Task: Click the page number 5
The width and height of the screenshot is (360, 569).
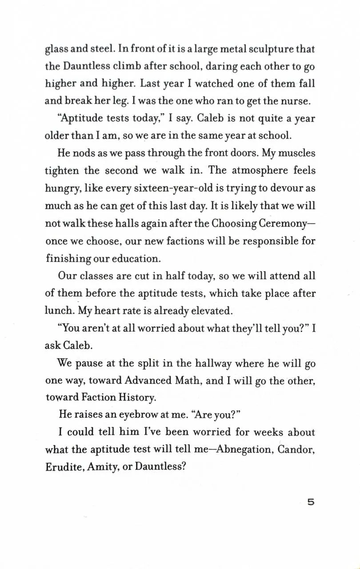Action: (x=310, y=503)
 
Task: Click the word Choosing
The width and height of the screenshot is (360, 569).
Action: (x=236, y=223)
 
